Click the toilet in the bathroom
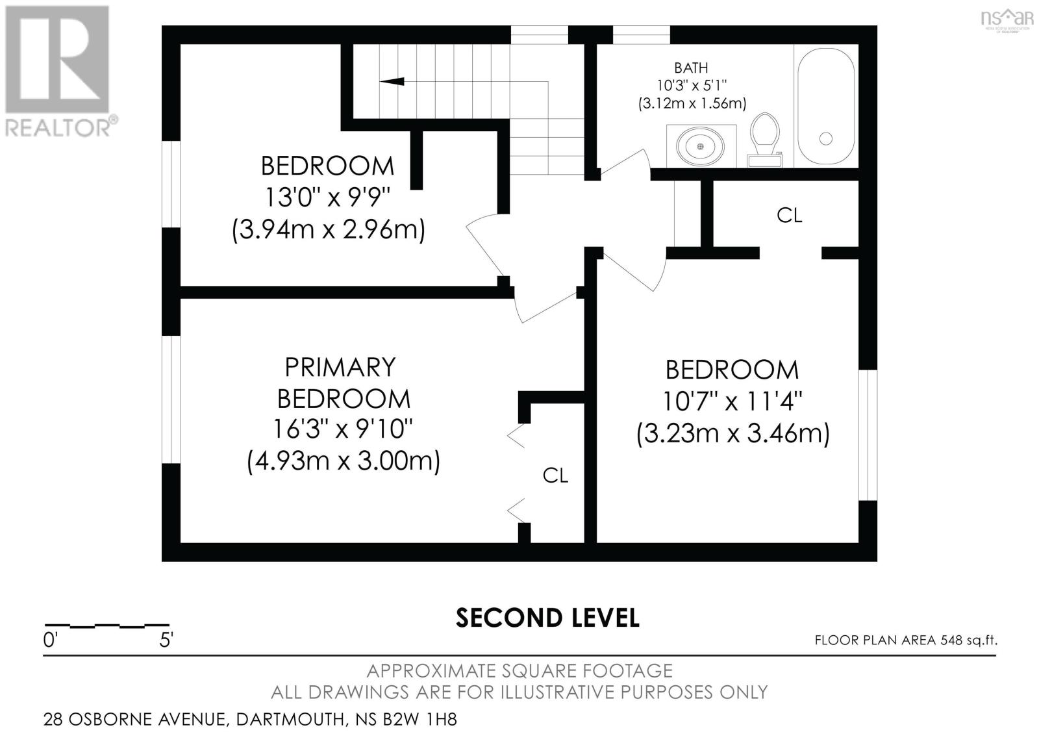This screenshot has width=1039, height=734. tap(765, 140)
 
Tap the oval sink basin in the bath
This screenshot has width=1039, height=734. tap(701, 146)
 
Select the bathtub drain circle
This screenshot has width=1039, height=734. tap(825, 138)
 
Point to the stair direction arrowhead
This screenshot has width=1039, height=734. tap(392, 82)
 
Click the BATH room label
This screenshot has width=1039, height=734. tap(691, 68)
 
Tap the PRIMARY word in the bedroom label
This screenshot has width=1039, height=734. tap(340, 368)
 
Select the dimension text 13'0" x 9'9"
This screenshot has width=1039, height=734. tap(327, 197)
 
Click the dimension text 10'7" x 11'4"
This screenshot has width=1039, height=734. tap(732, 401)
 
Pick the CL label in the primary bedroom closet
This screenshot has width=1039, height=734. tap(555, 475)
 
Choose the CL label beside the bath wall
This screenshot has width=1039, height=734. tap(790, 216)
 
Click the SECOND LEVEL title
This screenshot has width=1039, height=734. tap(547, 618)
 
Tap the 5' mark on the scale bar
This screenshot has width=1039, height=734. tap(166, 640)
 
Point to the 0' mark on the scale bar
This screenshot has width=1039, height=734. tap(49, 640)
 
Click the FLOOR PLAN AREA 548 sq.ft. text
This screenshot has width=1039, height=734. tap(906, 640)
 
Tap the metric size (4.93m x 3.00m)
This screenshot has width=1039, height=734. tap(344, 461)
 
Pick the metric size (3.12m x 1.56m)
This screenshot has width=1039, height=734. tap(692, 103)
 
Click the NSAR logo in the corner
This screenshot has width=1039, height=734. tap(1007, 20)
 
